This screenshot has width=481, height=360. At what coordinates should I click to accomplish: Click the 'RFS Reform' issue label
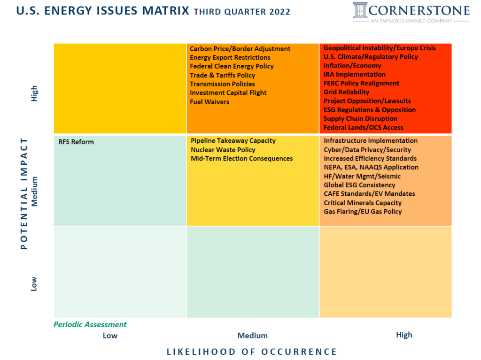[76, 142]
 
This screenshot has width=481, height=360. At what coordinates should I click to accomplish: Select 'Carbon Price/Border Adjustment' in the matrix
[240, 49]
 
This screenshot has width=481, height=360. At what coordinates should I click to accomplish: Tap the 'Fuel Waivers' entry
[209, 102]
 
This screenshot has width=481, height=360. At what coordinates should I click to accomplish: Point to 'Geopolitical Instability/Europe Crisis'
[380, 48]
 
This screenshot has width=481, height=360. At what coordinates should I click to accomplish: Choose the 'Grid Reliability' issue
[346, 92]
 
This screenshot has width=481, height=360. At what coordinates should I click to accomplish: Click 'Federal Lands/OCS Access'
[363, 127]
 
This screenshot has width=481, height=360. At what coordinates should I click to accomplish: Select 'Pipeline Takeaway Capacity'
[233, 141]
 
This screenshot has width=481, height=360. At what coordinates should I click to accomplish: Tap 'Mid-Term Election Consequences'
[241, 159]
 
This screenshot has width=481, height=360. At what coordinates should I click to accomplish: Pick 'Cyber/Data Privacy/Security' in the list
[367, 150]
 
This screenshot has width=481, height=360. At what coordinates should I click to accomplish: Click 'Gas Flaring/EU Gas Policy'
[363, 212]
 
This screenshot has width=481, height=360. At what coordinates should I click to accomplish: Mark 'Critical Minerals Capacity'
[363, 203]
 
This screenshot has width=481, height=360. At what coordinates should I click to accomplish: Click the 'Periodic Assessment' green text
[90, 324]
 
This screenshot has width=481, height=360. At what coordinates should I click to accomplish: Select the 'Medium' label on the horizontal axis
[252, 336]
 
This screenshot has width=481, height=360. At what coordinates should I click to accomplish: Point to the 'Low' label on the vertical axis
[34, 283]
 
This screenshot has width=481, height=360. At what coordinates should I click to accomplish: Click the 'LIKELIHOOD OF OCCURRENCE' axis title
[252, 352]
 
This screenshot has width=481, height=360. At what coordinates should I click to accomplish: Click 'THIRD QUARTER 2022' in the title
[242, 12]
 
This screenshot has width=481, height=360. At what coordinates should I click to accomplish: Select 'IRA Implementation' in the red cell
[354, 74]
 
